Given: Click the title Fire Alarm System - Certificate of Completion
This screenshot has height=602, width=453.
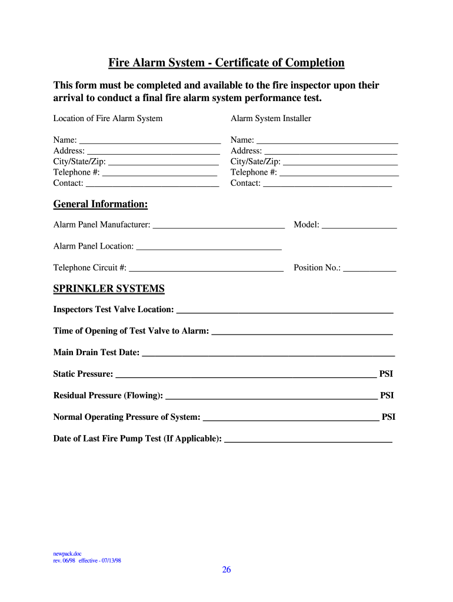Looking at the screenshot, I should click(x=226, y=63).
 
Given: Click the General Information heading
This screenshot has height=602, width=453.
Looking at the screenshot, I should click(x=101, y=204).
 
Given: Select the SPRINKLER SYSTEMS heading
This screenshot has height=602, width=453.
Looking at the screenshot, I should click(x=109, y=289).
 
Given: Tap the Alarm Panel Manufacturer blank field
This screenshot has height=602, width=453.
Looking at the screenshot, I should click(x=218, y=224).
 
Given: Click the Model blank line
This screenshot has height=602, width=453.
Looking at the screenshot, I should click(x=359, y=224).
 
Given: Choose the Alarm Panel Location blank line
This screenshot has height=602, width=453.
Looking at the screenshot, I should click(x=208, y=246).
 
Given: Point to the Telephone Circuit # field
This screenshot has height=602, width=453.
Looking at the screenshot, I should click(x=206, y=267).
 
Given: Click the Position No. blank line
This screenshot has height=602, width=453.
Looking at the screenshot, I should click(x=369, y=267).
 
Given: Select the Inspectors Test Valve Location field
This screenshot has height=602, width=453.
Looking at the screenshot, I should click(x=285, y=309).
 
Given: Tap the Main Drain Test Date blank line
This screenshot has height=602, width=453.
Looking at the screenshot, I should click(x=268, y=352).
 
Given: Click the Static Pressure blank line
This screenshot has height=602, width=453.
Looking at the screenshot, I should click(x=246, y=374).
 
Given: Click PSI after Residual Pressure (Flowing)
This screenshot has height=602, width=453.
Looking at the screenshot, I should click(x=387, y=396).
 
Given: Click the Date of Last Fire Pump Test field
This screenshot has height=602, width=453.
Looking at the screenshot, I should click(x=308, y=439).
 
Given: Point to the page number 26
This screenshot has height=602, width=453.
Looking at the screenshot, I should click(x=226, y=569).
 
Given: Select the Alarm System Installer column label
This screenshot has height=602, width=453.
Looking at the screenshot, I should click(x=271, y=119).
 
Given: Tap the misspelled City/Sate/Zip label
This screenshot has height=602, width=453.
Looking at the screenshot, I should click(x=255, y=162).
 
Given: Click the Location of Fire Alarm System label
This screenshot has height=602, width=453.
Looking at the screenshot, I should click(x=108, y=119).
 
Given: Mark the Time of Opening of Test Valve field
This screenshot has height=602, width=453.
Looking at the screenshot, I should click(x=302, y=331).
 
